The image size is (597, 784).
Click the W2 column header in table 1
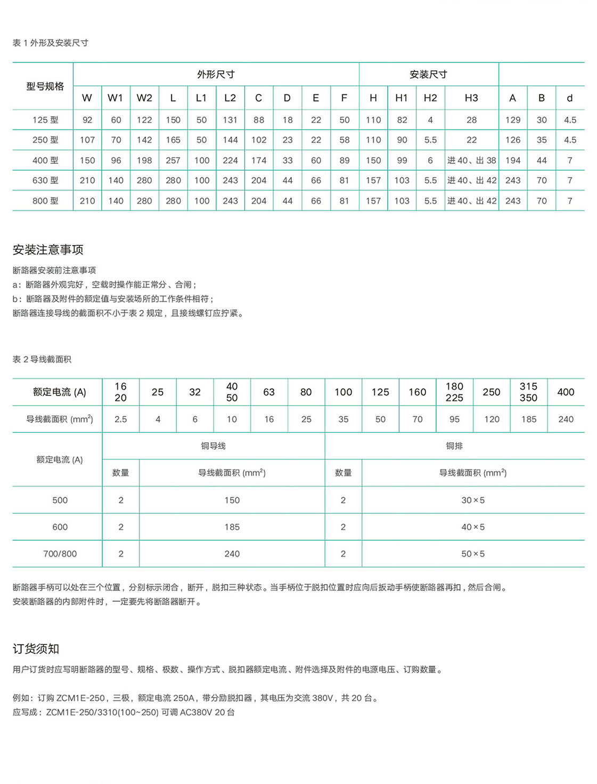(x=144, y=98)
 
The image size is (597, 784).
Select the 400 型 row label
(x=45, y=160)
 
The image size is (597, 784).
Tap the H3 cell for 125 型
(x=471, y=120)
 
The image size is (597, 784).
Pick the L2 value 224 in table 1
(x=230, y=160)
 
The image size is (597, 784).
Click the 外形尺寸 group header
(x=216, y=75)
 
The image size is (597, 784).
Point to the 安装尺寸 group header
(x=428, y=75)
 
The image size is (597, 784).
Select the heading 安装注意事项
(x=48, y=249)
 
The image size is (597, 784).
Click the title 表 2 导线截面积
(x=42, y=359)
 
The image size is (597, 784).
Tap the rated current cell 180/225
(x=454, y=392)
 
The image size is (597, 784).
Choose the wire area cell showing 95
(x=454, y=419)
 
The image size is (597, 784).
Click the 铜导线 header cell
(x=213, y=446)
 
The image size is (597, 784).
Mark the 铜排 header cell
(x=454, y=446)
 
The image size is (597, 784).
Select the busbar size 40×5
(x=473, y=527)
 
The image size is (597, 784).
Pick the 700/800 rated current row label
(x=60, y=554)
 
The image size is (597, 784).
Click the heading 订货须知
(x=36, y=649)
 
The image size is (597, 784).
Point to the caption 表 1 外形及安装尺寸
(x=51, y=43)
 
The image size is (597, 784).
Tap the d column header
(x=570, y=98)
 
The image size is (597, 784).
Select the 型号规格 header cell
(x=45, y=86)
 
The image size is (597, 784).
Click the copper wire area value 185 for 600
(x=232, y=527)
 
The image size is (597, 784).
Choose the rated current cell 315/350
(x=528, y=392)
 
